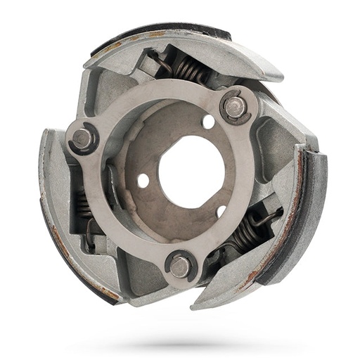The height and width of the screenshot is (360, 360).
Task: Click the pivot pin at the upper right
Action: coord(235,107)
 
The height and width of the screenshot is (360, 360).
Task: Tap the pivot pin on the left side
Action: coord(83,138)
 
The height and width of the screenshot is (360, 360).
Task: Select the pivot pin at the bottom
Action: coord(180,265)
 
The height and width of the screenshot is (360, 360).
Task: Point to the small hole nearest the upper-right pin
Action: coord(208,122)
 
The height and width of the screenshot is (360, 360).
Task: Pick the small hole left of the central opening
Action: coord(143,181)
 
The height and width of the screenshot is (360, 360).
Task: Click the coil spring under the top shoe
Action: coord(190,70)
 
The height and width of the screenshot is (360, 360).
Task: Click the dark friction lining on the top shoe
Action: coord(162,32)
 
